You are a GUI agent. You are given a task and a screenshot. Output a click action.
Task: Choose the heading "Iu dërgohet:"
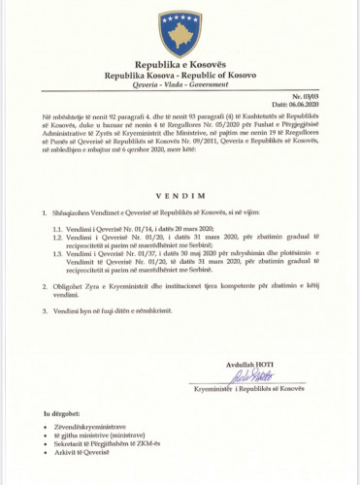59,414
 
